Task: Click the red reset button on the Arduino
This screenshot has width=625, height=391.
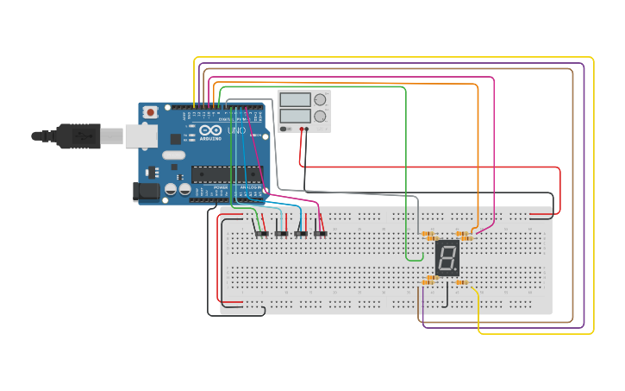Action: (x=152, y=111)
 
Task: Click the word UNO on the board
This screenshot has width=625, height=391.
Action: (x=235, y=130)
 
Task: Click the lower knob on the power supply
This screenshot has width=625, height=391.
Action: (x=320, y=116)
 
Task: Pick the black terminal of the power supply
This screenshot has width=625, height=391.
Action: (x=307, y=130)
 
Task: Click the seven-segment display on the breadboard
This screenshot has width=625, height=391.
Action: (x=447, y=257)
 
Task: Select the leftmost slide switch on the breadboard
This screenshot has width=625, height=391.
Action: (x=260, y=233)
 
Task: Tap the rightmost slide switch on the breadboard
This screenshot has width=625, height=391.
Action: (x=321, y=233)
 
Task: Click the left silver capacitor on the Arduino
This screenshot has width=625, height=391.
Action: (x=172, y=188)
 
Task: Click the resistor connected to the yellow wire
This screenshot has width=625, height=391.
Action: (x=461, y=282)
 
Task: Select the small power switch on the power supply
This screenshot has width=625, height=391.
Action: (x=284, y=129)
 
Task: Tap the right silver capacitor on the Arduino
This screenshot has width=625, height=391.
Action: (x=184, y=188)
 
